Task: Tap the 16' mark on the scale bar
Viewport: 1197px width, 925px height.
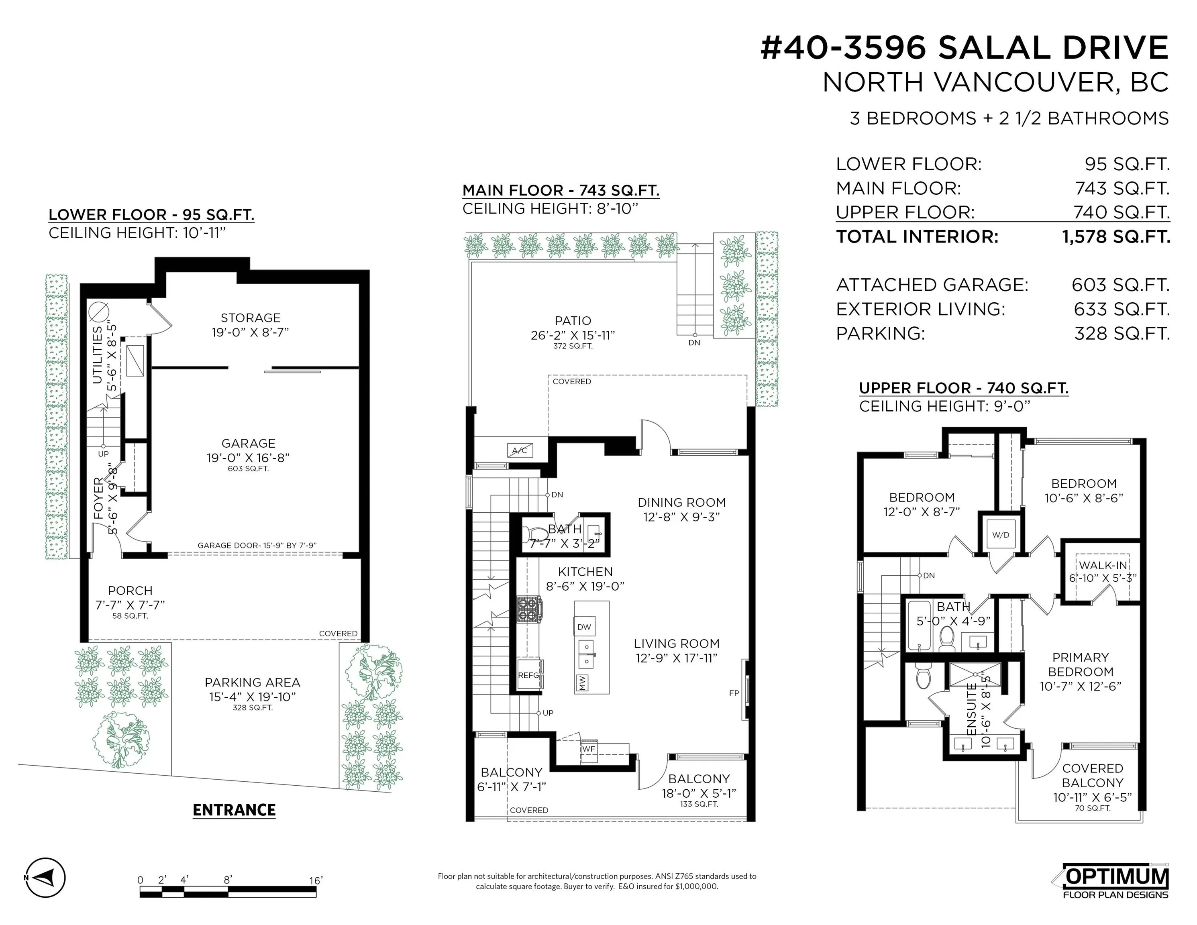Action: [316, 880]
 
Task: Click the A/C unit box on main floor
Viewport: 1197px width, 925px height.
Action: [519, 450]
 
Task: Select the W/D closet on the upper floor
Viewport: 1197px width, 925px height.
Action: [1000, 535]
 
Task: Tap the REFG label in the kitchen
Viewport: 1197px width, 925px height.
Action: [529, 675]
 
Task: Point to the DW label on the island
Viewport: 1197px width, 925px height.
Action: [584, 627]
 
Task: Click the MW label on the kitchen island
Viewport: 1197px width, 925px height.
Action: [582, 682]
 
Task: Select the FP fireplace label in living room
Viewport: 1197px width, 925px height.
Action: [734, 693]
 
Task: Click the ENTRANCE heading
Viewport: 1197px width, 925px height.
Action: [234, 810]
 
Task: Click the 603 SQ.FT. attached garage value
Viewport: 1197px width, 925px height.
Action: [1120, 285]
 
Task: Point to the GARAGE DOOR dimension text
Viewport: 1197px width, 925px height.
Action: [257, 545]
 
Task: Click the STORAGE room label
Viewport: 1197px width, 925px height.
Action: [251, 318]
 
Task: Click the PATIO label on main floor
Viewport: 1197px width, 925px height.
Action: [573, 320]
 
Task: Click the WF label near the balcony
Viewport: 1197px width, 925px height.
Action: [589, 748]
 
